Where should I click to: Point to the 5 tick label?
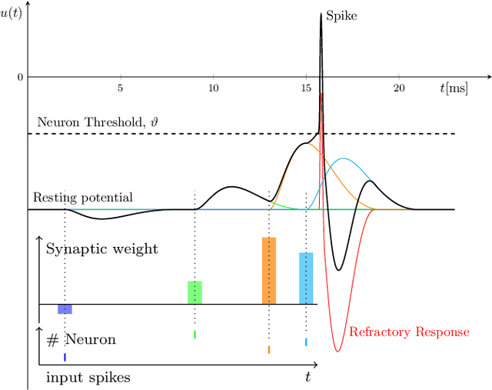coord(120,88)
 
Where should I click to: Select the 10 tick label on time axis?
coord(212,88)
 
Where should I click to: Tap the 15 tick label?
coord(306,88)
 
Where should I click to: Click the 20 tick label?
coord(399,88)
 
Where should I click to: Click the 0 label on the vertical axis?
coord(21,77)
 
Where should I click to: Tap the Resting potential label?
coord(84,198)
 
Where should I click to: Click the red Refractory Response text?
coord(409,332)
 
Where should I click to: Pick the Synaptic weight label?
coord(102,249)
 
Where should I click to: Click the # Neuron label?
coord(81,340)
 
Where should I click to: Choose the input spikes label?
coord(88,377)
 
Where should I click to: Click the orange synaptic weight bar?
coord(269,271)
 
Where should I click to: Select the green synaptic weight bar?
coord(194,292)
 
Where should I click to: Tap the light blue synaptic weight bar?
coord(306,278)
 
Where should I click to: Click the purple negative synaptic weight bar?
coord(65,308)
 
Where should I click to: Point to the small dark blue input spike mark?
coord(65,358)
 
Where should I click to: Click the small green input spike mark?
coord(194,335)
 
